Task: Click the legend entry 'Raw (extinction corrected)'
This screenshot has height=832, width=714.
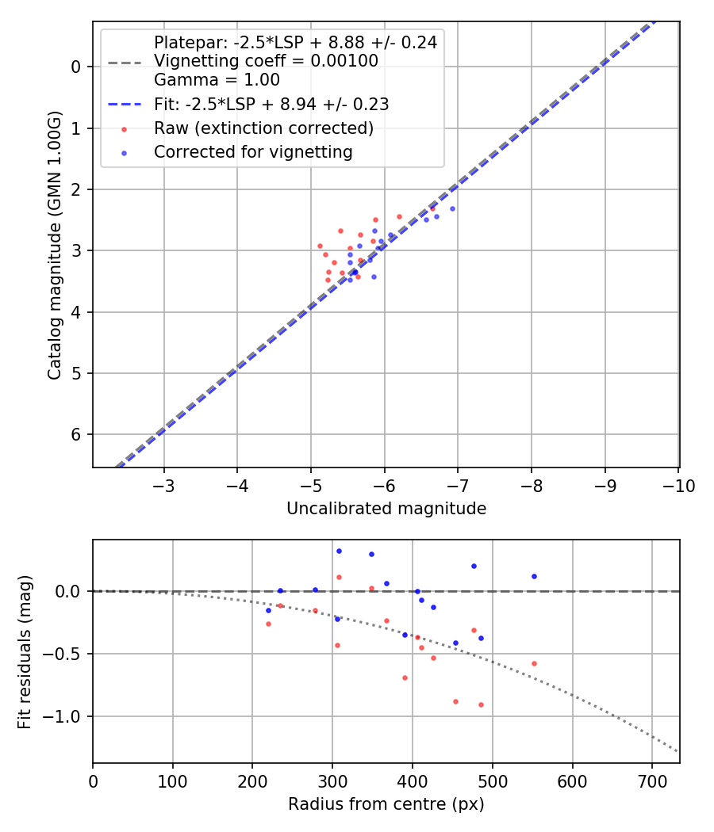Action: pos(263,128)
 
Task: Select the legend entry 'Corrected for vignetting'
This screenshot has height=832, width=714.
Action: pos(253,151)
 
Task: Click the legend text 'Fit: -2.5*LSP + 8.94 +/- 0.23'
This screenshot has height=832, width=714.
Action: pos(271,104)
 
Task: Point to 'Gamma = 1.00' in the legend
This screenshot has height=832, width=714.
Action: pos(217,80)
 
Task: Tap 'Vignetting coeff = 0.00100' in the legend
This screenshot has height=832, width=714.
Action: pos(266,61)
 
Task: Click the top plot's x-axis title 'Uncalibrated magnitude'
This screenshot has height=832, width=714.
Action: pos(386,509)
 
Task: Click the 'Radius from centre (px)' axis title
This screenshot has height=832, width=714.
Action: pos(386,804)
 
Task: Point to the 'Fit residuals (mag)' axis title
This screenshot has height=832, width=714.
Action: pos(25,651)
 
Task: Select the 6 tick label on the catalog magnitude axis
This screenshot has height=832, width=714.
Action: pos(77,434)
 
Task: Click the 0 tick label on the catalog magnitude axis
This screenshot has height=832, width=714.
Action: pos(77,67)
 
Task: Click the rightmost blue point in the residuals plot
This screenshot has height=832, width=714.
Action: pos(534,576)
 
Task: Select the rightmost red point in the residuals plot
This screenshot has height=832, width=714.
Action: pos(534,663)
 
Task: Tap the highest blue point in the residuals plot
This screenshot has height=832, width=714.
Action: pos(339,551)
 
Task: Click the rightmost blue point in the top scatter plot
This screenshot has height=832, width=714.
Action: pos(452,208)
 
